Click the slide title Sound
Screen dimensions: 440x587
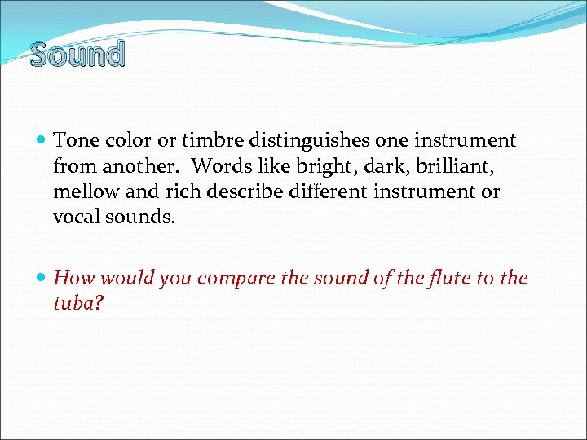point(77,55)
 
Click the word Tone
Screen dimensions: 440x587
point(73,141)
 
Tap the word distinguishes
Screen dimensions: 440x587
point(305,141)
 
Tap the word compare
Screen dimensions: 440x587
point(236,279)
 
